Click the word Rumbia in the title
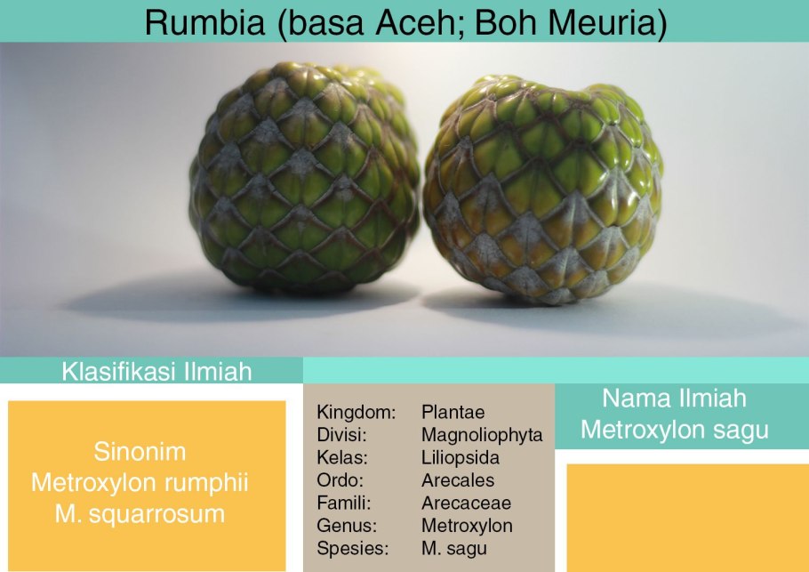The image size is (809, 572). click(x=204, y=22)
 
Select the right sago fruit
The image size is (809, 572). click(x=543, y=189)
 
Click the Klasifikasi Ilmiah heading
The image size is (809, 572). click(x=156, y=371)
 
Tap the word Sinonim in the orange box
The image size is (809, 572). click(x=140, y=452)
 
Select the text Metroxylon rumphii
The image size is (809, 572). click(x=140, y=483)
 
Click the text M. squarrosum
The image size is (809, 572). click(x=140, y=514)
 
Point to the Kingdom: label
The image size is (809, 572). click(x=356, y=412)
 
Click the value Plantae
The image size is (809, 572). click(x=453, y=412)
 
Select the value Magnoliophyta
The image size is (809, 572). click(x=482, y=435)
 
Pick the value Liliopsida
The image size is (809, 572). click(x=461, y=458)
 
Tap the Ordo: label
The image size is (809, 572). click(x=340, y=480)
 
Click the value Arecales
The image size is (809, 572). click(x=458, y=480)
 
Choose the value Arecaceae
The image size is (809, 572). click(x=466, y=503)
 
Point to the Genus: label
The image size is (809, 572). click(x=347, y=526)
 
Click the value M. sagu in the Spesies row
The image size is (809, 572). click(x=454, y=548)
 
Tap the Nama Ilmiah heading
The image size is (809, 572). click(x=674, y=398)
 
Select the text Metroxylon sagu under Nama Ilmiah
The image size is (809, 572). click(x=675, y=430)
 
